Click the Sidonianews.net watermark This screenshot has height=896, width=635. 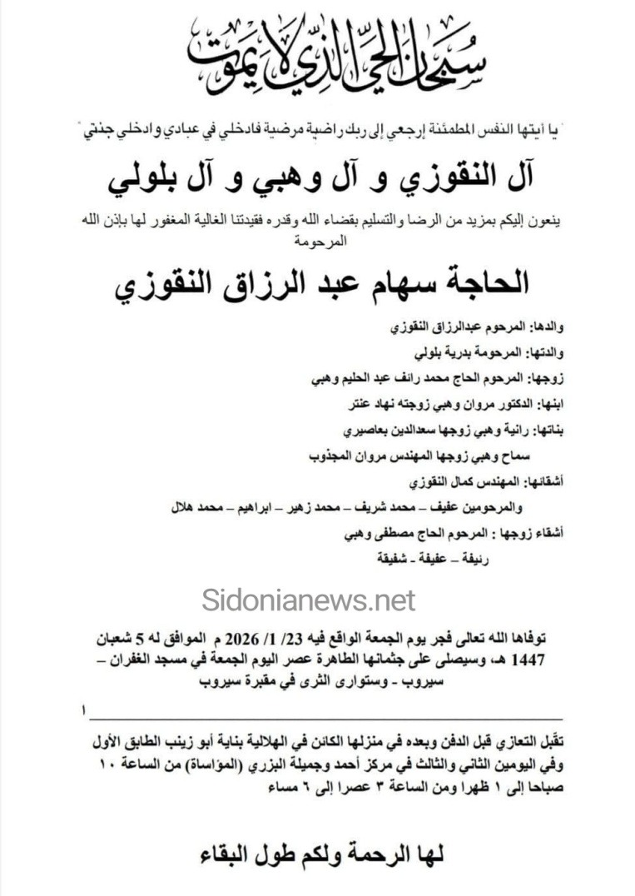(308, 599)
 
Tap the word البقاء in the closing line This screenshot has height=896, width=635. (217, 855)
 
